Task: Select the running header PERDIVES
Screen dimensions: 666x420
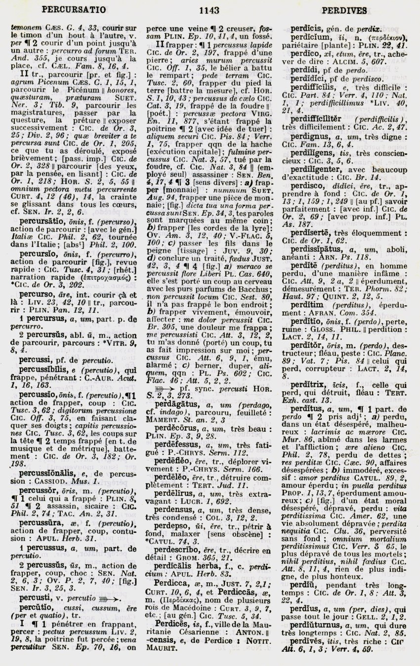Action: (347, 9)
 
